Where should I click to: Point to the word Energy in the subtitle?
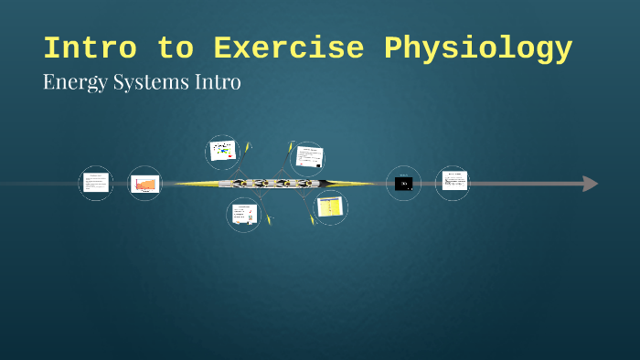[x=72, y=82]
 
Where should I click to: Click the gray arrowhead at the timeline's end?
[x=590, y=184]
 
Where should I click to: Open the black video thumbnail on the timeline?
[x=403, y=184]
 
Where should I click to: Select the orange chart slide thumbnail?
[x=144, y=184]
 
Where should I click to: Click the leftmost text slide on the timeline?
[x=95, y=183]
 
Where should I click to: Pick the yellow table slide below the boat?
[x=328, y=207]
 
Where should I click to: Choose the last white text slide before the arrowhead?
[x=453, y=181]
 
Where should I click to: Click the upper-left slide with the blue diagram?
[x=222, y=151]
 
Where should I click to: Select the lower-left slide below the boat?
[x=243, y=214]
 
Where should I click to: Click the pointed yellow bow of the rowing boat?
[x=179, y=184]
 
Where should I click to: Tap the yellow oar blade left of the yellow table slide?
[x=312, y=220]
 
